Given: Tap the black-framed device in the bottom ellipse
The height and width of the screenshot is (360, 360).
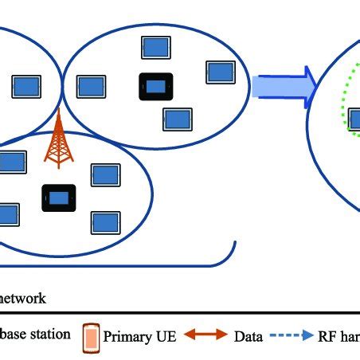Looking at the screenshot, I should pos(58,198).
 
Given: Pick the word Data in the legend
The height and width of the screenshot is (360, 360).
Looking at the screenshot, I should pos(248,336).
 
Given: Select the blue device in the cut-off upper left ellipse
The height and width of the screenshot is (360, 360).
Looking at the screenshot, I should pos(27,84).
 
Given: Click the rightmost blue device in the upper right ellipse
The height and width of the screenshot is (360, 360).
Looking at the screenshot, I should pos(220,72).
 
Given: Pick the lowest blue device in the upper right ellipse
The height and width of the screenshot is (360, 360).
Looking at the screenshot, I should pos(177,119).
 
